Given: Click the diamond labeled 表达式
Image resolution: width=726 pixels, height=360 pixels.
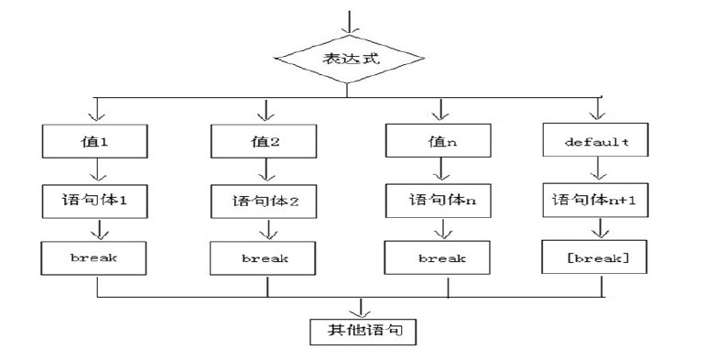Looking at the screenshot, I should [x=348, y=60].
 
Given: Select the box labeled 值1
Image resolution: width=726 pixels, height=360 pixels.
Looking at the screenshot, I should [x=96, y=142].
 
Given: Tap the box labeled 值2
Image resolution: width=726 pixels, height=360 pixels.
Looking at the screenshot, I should [x=265, y=142].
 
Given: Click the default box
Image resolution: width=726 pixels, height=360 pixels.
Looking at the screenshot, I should [x=596, y=142].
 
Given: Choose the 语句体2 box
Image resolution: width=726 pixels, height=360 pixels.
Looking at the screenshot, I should [x=265, y=200].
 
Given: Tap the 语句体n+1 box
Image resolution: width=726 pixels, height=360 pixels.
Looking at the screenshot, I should [x=596, y=199].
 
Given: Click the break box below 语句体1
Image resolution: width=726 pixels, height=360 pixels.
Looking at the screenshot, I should [x=96, y=257].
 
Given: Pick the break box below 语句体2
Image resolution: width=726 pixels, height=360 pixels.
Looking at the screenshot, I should [x=265, y=258].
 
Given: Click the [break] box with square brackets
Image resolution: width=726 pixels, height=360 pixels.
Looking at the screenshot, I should [x=596, y=257].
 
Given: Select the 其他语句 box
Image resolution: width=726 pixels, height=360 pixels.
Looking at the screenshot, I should [x=363, y=329].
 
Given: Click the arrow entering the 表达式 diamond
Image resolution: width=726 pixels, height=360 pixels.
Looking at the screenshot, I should [x=348, y=20].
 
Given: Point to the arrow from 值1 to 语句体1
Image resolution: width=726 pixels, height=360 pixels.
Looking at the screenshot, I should [x=96, y=171].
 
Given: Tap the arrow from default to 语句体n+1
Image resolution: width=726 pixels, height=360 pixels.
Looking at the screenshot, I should [x=596, y=171].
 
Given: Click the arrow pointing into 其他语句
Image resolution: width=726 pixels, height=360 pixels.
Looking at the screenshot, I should [x=363, y=306].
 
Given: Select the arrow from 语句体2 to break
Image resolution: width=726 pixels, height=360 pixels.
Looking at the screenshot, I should [x=265, y=229].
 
